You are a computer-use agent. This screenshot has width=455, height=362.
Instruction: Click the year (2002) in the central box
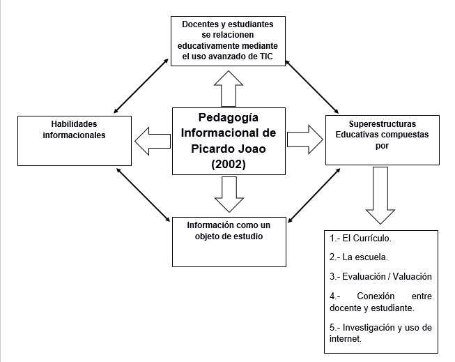pyautogui.click(x=229, y=165)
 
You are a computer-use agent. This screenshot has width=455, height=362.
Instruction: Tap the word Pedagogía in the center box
pyautogui.click(x=229, y=118)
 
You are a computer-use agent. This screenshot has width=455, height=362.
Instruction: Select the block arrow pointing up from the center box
pyautogui.click(x=229, y=89)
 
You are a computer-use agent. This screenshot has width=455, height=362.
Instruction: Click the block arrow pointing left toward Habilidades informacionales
pyautogui.click(x=153, y=141)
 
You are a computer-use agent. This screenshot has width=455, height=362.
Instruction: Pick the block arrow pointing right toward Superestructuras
pyautogui.click(x=305, y=139)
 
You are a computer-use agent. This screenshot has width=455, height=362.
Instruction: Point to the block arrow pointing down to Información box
pyautogui.click(x=229, y=195)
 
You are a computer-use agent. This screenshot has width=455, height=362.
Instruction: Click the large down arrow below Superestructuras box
pyautogui.click(x=380, y=195)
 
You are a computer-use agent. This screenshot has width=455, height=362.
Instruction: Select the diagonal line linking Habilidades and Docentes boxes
pyautogui.click(x=141, y=86)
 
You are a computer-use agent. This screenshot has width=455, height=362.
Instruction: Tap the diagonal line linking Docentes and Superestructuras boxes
pyautogui.click(x=312, y=86)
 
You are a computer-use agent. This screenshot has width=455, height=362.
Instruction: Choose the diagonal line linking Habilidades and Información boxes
pyautogui.click(x=144, y=195)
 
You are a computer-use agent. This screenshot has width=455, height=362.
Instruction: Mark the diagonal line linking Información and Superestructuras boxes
pyautogui.click(x=314, y=195)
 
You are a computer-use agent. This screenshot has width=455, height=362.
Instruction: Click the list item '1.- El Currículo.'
pyautogui.click(x=360, y=239)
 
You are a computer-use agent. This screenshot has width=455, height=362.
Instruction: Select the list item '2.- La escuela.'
pyautogui.click(x=359, y=257)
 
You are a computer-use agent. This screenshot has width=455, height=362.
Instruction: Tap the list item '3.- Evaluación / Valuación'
pyautogui.click(x=380, y=276)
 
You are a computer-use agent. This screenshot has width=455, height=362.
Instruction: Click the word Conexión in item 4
pyautogui.click(x=376, y=296)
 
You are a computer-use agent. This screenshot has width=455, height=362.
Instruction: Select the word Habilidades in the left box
pyautogui.click(x=74, y=124)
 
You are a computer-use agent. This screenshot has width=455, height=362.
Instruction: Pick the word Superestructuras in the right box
pyautogui.click(x=382, y=124)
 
